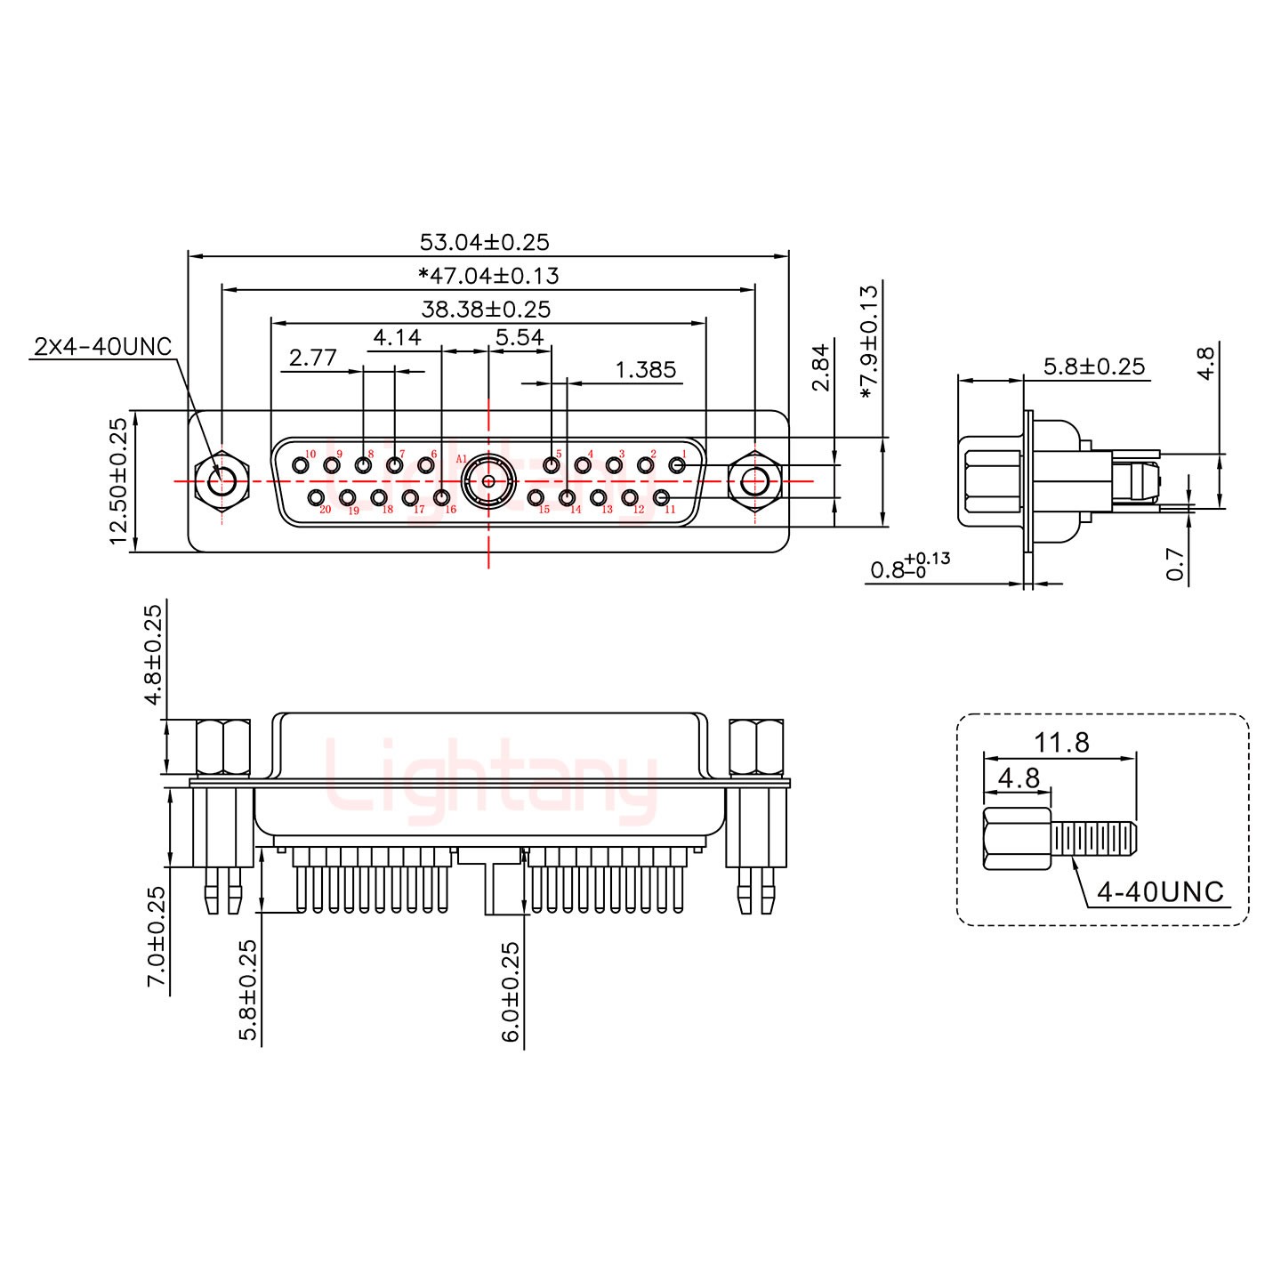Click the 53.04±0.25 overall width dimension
click(485, 242)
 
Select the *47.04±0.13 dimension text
click(488, 276)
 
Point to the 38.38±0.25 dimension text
click(486, 310)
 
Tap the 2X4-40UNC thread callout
click(103, 346)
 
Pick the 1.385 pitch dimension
click(646, 369)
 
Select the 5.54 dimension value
click(520, 337)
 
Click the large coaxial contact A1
click(487, 481)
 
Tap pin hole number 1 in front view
click(677, 465)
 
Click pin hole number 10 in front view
click(300, 465)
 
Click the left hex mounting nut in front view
click(219, 481)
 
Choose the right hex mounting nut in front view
click(754, 481)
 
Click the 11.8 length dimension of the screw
click(1061, 742)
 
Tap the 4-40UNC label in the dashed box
click(1160, 891)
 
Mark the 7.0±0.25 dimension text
click(157, 935)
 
